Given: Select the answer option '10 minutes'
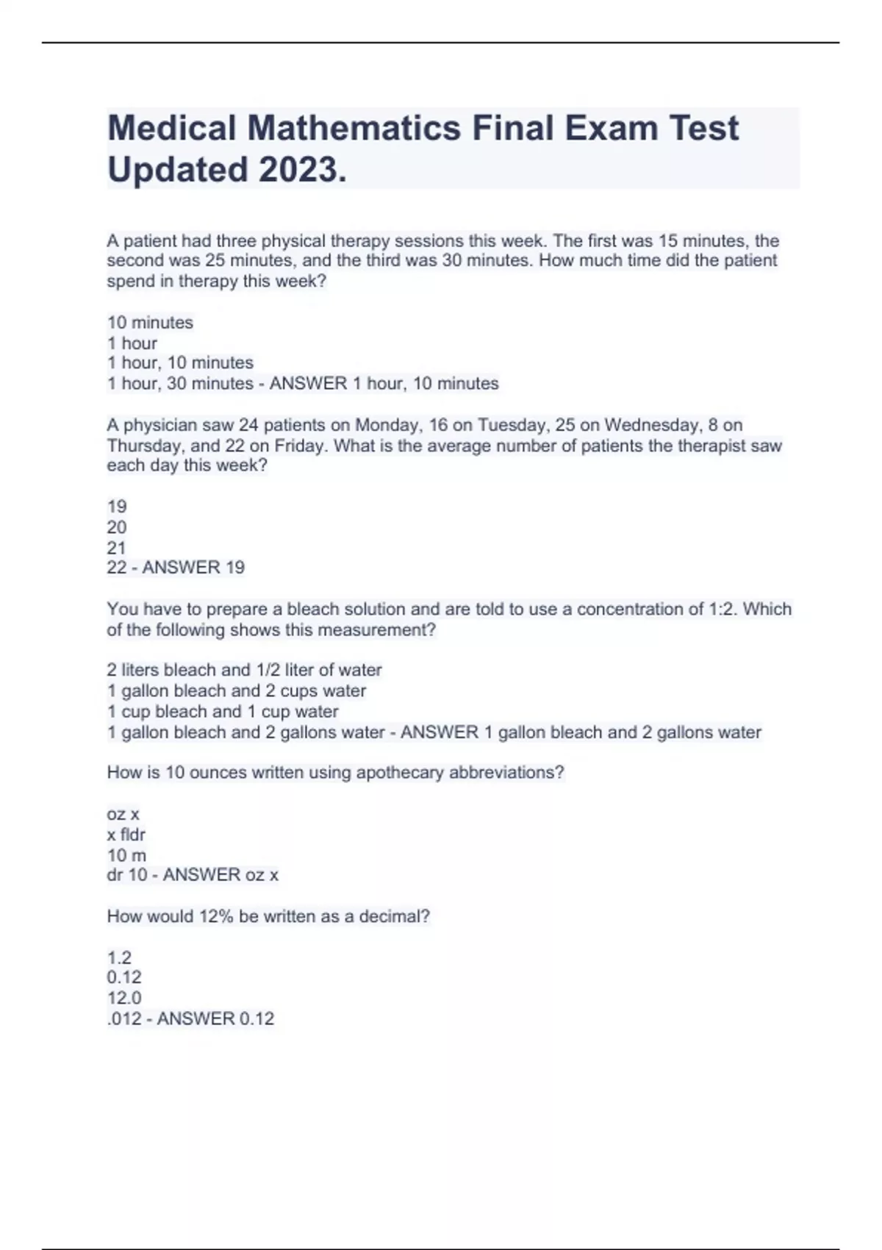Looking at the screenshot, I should pyautogui.click(x=150, y=323).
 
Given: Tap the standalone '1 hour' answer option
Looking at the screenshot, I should pyautogui.click(x=132, y=343).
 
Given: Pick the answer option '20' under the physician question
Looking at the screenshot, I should pyautogui.click(x=117, y=527).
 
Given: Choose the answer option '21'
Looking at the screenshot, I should pyautogui.click(x=117, y=548).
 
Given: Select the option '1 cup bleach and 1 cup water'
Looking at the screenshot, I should pyautogui.click(x=223, y=712).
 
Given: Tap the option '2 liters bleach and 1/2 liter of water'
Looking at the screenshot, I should pyautogui.click(x=244, y=670).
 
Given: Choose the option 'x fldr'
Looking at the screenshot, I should pyautogui.click(x=126, y=835).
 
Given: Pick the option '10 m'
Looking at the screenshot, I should pyautogui.click(x=126, y=855).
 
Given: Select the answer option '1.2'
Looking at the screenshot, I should pyautogui.click(x=119, y=957).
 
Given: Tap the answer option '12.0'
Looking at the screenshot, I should pyautogui.click(x=124, y=998).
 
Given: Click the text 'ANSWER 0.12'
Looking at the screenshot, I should pyautogui.click(x=215, y=1018).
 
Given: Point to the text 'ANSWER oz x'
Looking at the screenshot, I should pyautogui.click(x=220, y=875).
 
